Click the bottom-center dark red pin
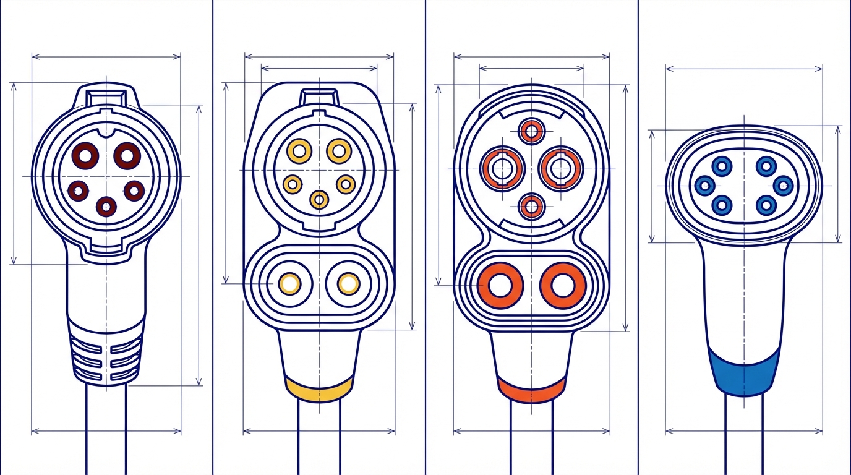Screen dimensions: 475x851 tap(107, 206)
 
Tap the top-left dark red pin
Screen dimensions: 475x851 tap(85, 155)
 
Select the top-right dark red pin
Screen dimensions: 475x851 tap(127, 155)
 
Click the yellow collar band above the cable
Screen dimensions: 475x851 tap(319, 389)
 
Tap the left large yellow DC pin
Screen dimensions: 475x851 tap(289, 283)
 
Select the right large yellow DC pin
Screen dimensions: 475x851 tap(348, 283)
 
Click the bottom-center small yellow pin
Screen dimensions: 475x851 tap(319, 199)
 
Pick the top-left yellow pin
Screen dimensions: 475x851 tap(299, 150)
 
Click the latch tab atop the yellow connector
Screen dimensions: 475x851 tap(319, 97)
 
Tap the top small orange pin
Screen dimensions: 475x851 tap(531, 131)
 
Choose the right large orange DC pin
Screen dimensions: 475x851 tap(562, 285)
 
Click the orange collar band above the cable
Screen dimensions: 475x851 tap(531, 389)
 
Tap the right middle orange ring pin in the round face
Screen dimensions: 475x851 tap(560, 168)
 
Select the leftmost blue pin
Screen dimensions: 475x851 tap(704, 185)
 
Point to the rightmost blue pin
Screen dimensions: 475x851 tap(783, 185)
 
